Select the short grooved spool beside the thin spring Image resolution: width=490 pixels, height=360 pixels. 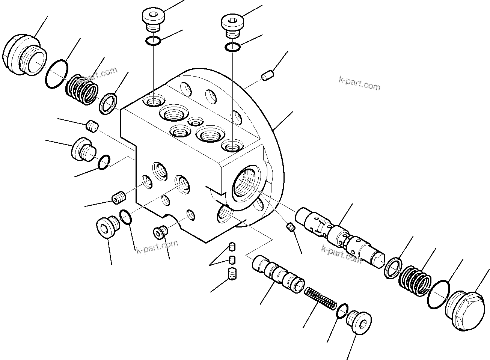coord(277,274)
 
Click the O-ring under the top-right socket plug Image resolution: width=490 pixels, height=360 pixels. coord(233,47)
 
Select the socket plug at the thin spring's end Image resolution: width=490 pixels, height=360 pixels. coord(358,321)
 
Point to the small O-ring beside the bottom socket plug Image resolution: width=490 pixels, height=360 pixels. coord(342,311)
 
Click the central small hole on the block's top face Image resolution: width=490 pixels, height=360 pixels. coord(195,121)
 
